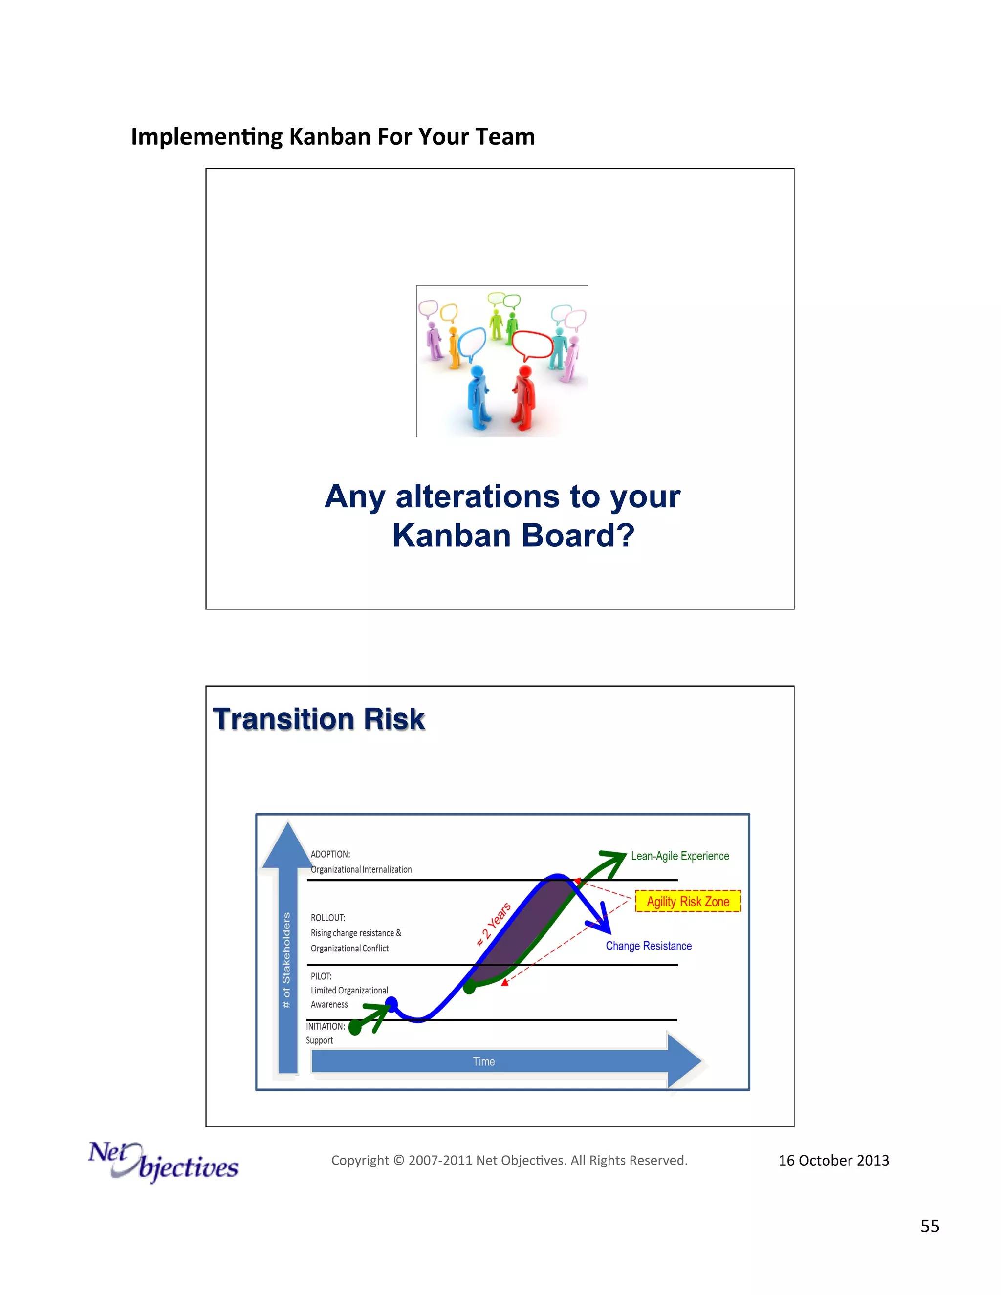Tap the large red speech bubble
click(x=532, y=344)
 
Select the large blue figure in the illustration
click(x=478, y=396)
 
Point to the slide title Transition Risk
click(x=319, y=719)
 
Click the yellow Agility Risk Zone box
click(x=688, y=901)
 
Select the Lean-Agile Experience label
click(x=679, y=856)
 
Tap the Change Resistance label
click(x=648, y=946)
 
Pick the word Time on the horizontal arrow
click(x=484, y=1061)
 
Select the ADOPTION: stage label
click(x=330, y=854)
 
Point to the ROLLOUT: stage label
click(x=328, y=918)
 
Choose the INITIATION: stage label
click(x=325, y=1026)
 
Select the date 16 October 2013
click(x=833, y=1161)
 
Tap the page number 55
click(x=929, y=1226)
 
